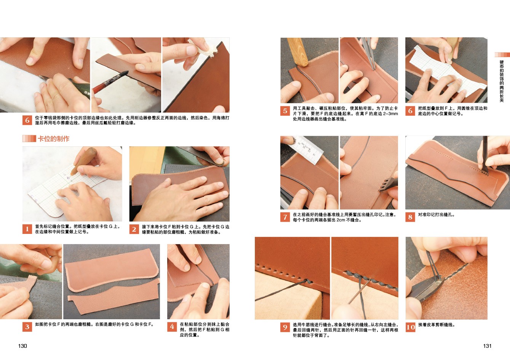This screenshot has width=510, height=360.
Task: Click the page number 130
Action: [x=22, y=346]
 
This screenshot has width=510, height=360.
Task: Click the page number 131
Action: [x=487, y=346]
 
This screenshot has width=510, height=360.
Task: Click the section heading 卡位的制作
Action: [x=53, y=139]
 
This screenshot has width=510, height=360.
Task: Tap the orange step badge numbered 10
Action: [x=410, y=327]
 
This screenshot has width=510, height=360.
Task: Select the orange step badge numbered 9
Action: [x=285, y=327]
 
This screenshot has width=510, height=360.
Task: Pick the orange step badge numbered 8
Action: [x=410, y=217]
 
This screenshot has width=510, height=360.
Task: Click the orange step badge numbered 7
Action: [x=285, y=217]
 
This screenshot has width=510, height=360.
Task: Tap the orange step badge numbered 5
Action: [x=285, y=111]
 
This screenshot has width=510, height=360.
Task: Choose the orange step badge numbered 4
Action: [x=172, y=326]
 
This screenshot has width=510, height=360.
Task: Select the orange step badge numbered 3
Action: [x=27, y=326]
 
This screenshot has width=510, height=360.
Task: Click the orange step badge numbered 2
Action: [x=134, y=229]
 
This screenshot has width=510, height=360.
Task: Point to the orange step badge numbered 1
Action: [x=27, y=229]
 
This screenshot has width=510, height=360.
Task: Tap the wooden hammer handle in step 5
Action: [x=297, y=52]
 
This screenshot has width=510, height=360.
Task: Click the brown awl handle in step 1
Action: [x=83, y=160]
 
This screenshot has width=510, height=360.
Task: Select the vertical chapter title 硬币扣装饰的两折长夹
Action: [x=502, y=81]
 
